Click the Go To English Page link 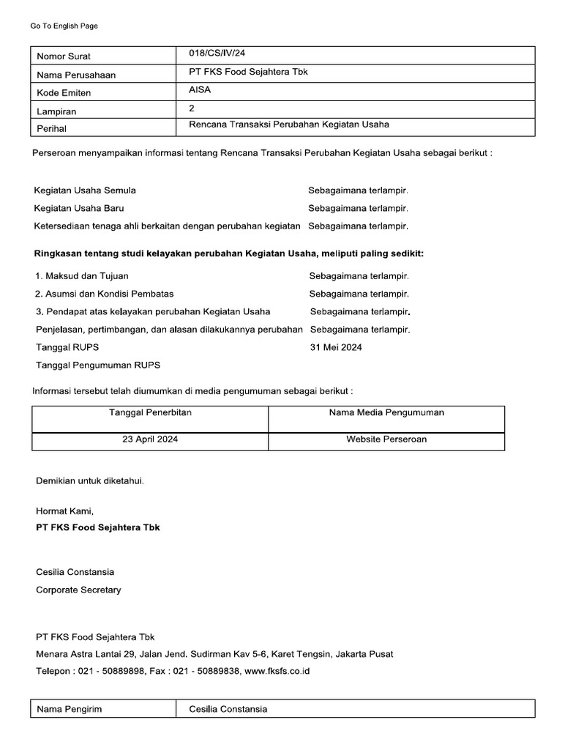64,26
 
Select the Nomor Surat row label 64,56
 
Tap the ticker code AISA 200,90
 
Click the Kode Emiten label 64,93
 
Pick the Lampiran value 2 192,108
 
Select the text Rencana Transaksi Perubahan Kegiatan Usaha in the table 289,125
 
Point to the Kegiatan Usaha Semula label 85,190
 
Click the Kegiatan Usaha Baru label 79,208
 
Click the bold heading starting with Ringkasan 229,253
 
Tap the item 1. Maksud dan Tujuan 81,276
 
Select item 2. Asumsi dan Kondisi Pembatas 104,294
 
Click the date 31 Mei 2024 336,347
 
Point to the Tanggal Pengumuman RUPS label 98,365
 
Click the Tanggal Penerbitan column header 150,412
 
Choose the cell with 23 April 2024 150,439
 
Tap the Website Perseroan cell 386,439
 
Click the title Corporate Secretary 78,590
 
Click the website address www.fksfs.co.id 277,671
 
